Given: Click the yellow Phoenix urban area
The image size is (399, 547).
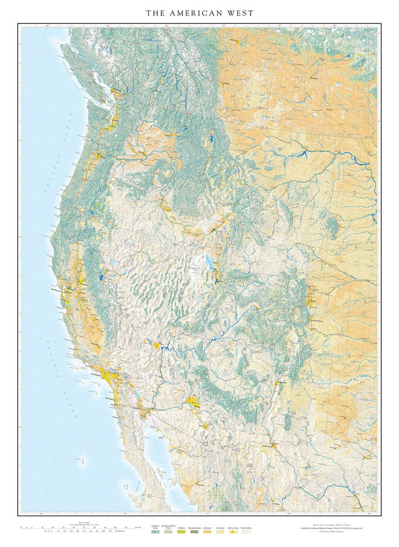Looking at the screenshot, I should click(196, 402).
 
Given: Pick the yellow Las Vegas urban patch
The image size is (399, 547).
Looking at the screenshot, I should click(157, 345).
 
